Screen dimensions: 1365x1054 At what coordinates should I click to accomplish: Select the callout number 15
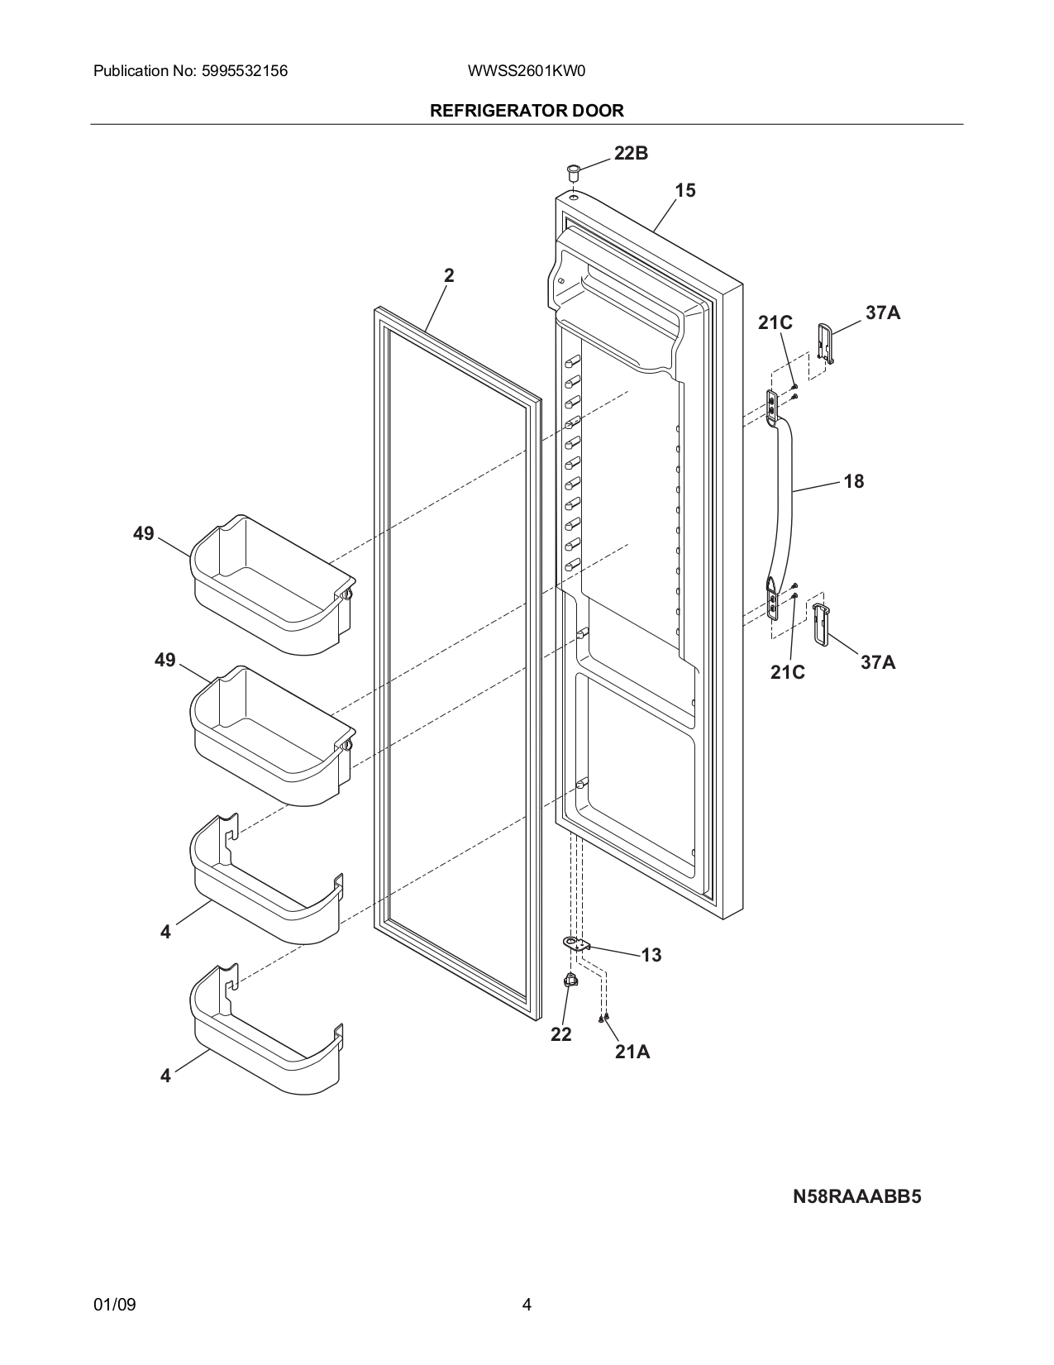[684, 191]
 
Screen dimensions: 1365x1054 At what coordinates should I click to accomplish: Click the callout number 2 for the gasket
[448, 276]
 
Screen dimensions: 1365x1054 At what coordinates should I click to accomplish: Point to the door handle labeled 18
[789, 496]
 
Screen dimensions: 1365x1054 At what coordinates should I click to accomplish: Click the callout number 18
[853, 481]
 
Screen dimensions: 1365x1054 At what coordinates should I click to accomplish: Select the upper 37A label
[883, 313]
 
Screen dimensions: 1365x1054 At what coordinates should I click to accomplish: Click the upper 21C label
[775, 323]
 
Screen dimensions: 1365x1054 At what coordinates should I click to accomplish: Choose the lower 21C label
[787, 673]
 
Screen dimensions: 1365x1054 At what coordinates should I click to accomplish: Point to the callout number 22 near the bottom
[560, 1035]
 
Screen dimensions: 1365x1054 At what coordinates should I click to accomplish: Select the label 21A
[632, 1052]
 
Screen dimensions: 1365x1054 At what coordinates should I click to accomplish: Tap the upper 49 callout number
[144, 534]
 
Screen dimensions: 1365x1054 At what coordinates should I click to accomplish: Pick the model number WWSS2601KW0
[527, 71]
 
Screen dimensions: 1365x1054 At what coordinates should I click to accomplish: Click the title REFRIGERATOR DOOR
[527, 111]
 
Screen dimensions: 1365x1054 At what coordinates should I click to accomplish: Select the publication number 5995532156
[243, 71]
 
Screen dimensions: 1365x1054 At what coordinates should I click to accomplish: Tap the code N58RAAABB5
[856, 1197]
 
